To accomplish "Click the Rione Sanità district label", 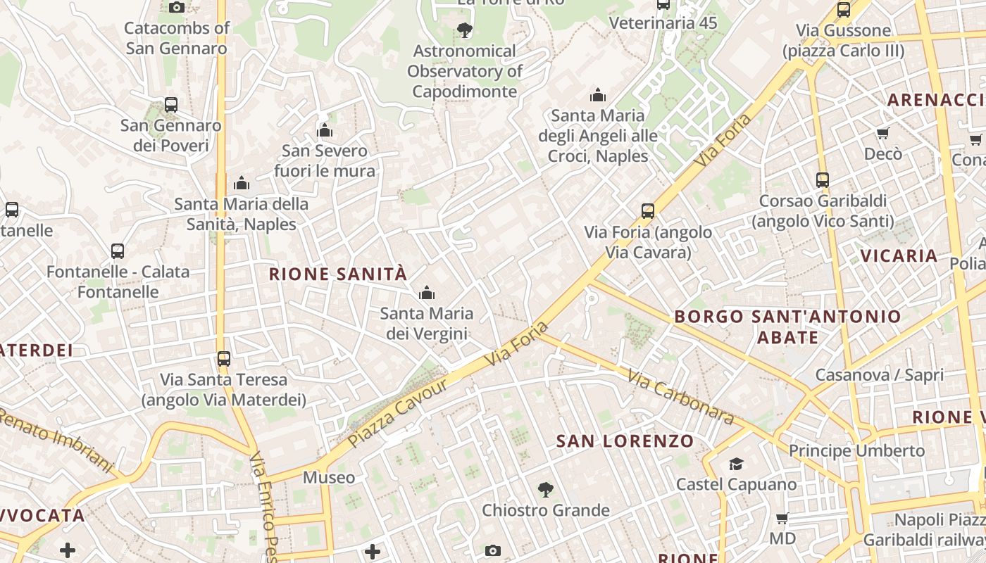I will point(338,274).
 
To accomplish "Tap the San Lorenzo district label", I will point(625,441).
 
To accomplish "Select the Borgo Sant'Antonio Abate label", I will point(787,327).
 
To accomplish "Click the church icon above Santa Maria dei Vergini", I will point(426,293).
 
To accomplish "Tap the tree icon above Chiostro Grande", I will point(545,489).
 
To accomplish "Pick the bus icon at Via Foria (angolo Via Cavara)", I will point(648,210).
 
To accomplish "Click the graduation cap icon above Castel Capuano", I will point(736,464).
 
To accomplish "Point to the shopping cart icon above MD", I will point(782,519).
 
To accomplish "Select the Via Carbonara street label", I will point(680,398).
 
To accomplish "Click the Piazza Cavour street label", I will point(398,413).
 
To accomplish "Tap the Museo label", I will point(329,477).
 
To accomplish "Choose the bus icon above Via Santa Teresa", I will point(224,358).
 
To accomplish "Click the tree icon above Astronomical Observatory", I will point(464,30).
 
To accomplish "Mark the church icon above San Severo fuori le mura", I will point(325,130).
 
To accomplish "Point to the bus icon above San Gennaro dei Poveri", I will point(170,105).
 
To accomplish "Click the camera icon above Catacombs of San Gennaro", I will point(177,8).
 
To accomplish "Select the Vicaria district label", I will point(899,255).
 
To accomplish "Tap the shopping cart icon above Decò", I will point(882,133).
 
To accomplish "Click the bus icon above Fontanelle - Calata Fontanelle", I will point(118,251).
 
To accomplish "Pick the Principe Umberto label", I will point(856,450).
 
